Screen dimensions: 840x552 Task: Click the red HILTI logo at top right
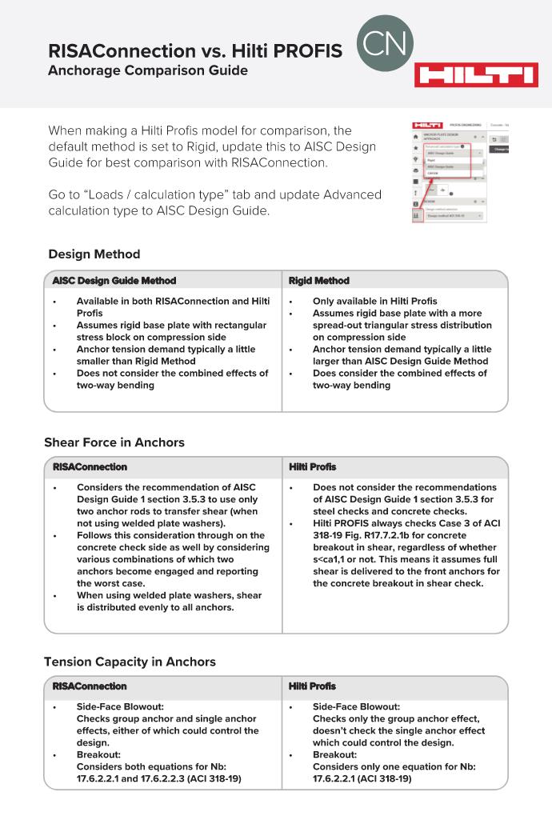click(475, 76)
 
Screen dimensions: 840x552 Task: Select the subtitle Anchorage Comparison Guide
click(148, 71)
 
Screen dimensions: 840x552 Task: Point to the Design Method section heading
click(94, 254)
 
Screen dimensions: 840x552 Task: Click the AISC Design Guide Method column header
click(114, 281)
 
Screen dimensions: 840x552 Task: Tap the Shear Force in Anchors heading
click(114, 442)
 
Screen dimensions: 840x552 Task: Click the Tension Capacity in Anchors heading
click(130, 662)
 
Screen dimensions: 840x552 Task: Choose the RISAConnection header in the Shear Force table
click(90, 466)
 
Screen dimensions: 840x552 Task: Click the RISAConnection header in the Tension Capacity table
click(90, 686)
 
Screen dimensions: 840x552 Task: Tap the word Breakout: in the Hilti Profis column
click(334, 754)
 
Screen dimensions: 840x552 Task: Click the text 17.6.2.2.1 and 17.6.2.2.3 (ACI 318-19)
click(158, 778)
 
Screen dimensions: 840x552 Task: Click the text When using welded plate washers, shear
click(169, 595)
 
